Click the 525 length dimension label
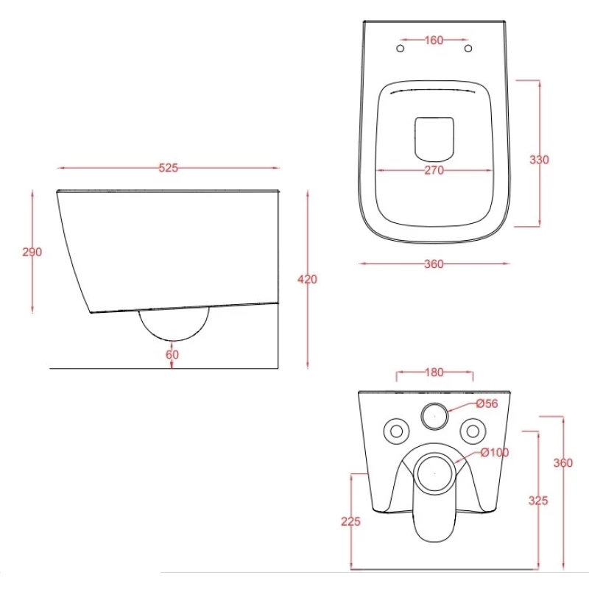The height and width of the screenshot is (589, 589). pyautogui.click(x=168, y=168)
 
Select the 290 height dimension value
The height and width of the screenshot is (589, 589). pyautogui.click(x=32, y=252)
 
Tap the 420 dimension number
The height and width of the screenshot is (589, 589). pyautogui.click(x=307, y=280)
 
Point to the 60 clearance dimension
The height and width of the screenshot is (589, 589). pyautogui.click(x=172, y=355)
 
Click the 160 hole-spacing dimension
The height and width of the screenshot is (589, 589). pyautogui.click(x=434, y=40)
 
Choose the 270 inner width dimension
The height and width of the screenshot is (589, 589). pyautogui.click(x=434, y=171)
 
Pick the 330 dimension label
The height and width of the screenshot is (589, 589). pyautogui.click(x=539, y=160)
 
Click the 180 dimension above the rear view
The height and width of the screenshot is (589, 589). pyautogui.click(x=434, y=373)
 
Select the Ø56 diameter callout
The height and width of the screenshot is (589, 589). pyautogui.click(x=487, y=403)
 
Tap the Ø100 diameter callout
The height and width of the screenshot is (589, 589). pyautogui.click(x=495, y=453)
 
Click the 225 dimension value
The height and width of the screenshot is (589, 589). pyautogui.click(x=350, y=521)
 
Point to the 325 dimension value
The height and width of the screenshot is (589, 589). pyautogui.click(x=538, y=501)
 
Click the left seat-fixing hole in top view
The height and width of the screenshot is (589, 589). pyautogui.click(x=401, y=49)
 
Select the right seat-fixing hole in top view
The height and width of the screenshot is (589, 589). pyautogui.click(x=468, y=49)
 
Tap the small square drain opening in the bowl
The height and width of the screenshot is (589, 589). pyautogui.click(x=434, y=138)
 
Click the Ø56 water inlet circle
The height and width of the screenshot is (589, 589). pyautogui.click(x=434, y=416)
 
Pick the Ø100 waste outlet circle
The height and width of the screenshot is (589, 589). pyautogui.click(x=434, y=473)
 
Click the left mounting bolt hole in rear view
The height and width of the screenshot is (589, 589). pyautogui.click(x=396, y=431)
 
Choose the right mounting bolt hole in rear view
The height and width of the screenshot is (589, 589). pyautogui.click(x=473, y=431)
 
